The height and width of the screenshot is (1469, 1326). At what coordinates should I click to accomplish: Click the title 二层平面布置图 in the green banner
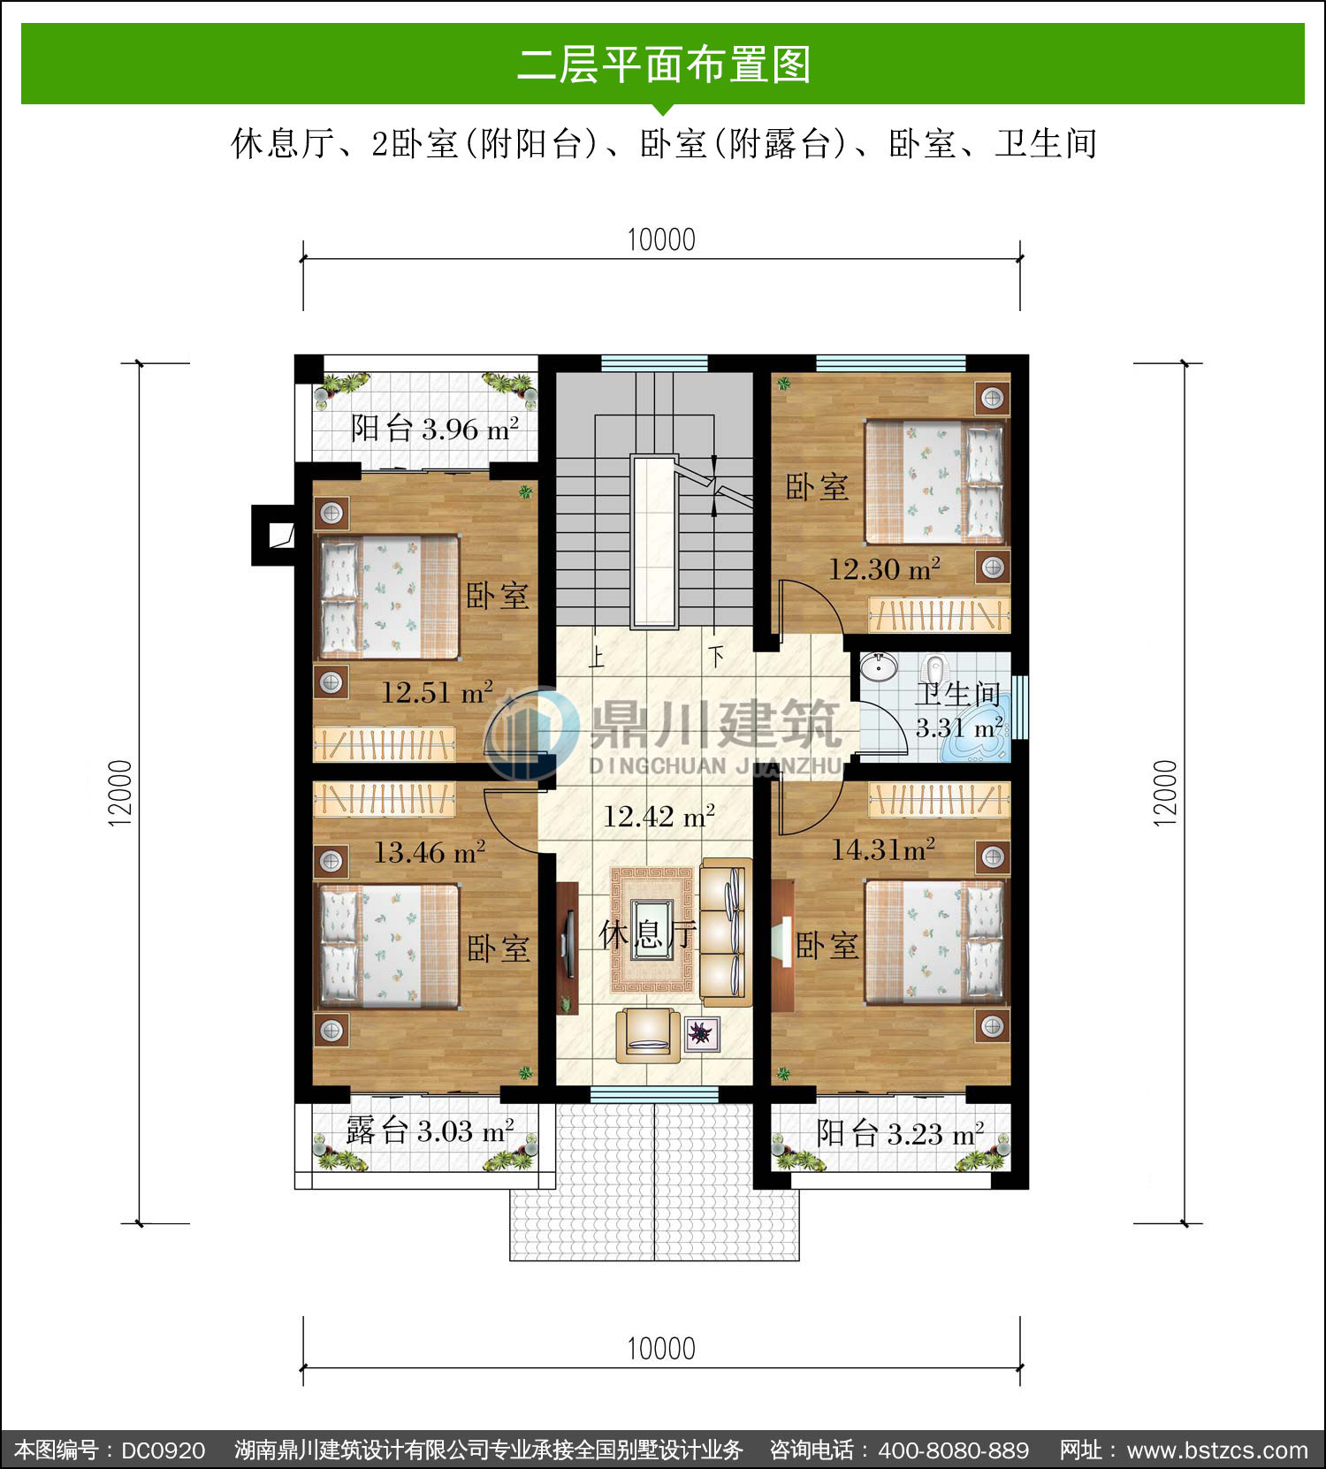tap(663, 65)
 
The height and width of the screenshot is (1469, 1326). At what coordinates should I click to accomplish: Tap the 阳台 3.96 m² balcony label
tap(435, 429)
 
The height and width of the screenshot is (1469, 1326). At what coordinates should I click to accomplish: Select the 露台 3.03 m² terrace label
tap(430, 1130)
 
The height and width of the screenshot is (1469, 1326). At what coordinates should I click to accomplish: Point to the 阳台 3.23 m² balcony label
tap(900, 1133)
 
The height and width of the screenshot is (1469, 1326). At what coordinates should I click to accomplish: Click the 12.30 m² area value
tap(884, 569)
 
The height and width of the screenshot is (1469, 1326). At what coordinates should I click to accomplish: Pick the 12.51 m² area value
tap(437, 692)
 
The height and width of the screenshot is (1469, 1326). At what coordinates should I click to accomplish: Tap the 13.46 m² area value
tap(430, 852)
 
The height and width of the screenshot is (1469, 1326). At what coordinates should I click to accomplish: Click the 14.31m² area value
tap(883, 849)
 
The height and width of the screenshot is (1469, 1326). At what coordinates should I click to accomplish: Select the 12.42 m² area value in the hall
tap(659, 816)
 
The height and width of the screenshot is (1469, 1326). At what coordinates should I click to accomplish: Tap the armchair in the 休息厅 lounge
tap(648, 1035)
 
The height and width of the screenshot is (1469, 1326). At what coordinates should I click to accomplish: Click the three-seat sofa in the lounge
tap(726, 932)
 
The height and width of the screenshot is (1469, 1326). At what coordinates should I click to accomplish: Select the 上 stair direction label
tap(597, 657)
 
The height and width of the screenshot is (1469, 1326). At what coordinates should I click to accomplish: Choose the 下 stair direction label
tap(715, 656)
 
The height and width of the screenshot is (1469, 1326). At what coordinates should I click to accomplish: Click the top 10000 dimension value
tap(661, 240)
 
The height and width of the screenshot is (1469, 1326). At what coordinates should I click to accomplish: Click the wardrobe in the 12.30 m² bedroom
tap(939, 615)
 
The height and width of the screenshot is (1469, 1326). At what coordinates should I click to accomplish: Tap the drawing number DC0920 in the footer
tap(164, 1450)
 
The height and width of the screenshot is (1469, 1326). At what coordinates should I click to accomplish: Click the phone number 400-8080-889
tap(954, 1450)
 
